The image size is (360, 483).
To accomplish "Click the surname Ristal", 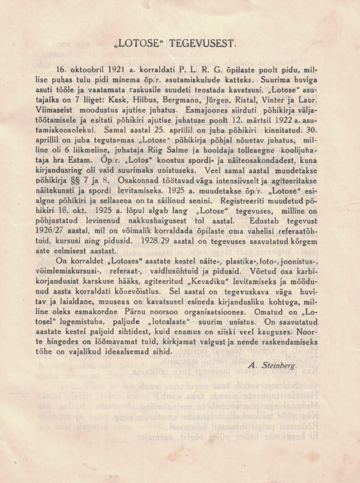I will click(247, 100).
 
